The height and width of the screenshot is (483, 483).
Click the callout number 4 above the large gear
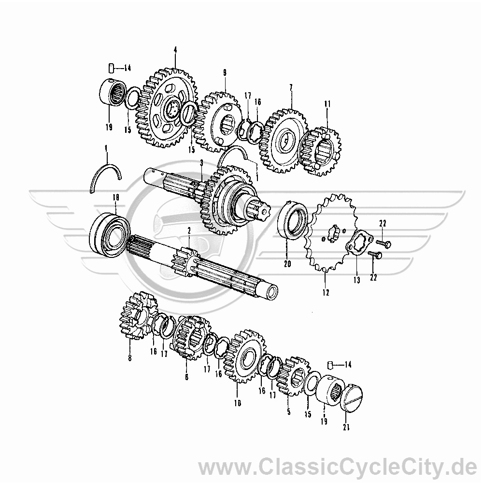click(175, 50)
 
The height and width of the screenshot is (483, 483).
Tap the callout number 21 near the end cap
click(346, 427)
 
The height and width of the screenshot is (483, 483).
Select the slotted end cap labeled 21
click(352, 397)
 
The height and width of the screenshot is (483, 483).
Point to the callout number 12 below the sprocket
click(326, 292)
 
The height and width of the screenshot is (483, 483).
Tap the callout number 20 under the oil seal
click(287, 264)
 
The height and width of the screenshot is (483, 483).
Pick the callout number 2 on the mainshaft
click(189, 230)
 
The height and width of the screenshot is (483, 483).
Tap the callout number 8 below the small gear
click(129, 358)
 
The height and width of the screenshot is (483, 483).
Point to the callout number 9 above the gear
click(225, 73)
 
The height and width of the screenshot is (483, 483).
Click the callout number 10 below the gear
click(238, 403)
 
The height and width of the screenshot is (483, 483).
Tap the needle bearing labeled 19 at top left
click(113, 92)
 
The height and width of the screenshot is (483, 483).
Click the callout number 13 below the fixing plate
click(357, 280)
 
